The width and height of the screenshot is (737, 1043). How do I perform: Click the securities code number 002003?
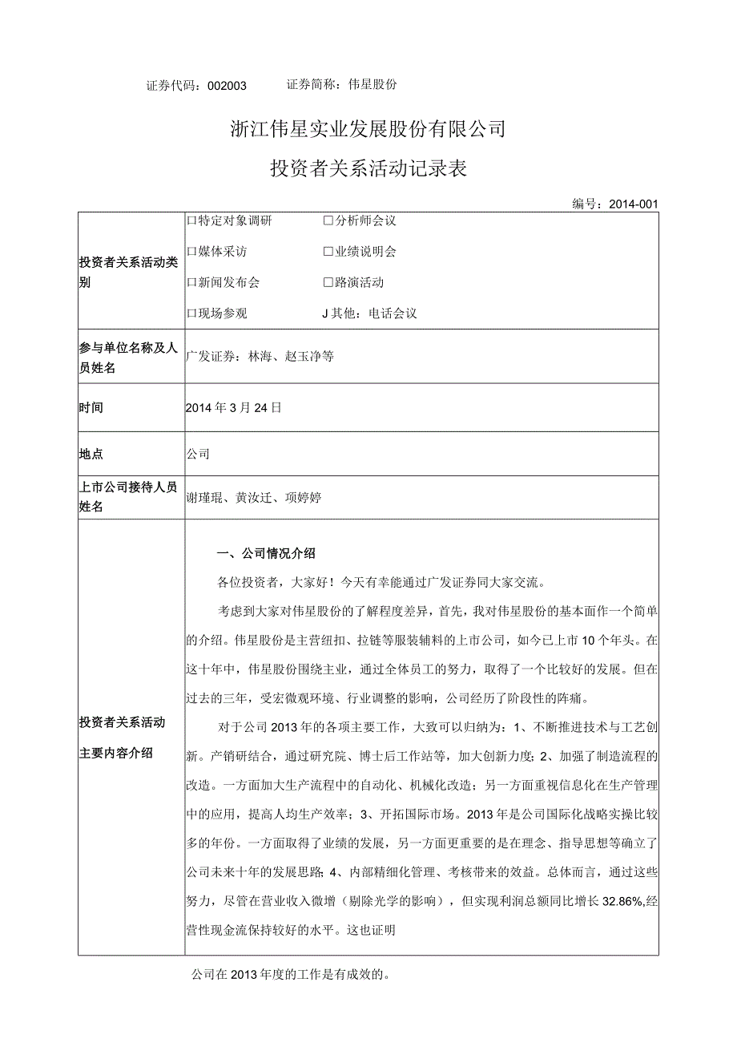point(228,86)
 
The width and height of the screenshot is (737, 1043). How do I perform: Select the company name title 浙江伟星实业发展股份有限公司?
point(368,129)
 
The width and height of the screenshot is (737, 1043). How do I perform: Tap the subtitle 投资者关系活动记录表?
point(368,169)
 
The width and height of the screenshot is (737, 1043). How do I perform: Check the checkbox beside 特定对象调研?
point(191,220)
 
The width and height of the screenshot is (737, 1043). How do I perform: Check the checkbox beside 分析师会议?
point(328,220)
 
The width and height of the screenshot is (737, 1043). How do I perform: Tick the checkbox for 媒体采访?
point(191,252)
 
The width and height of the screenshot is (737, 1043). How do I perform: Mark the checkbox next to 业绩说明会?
point(328,252)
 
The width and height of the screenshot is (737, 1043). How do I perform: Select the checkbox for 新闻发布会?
point(191,283)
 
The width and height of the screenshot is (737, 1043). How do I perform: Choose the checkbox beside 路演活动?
point(328,283)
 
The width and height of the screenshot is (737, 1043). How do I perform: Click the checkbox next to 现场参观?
point(191,314)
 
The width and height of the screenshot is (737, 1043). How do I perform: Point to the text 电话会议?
point(393,314)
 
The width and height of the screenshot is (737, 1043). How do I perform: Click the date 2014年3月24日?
point(234,408)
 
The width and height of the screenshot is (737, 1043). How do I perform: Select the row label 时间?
point(91,408)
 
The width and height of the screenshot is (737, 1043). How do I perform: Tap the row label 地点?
point(91,455)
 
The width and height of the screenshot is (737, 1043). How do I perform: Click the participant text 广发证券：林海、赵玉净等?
point(260,357)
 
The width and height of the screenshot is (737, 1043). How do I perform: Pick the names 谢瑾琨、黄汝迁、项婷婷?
point(254,498)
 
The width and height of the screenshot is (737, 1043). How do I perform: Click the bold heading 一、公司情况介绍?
point(267,553)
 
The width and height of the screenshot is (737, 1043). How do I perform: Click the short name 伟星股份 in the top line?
point(374,84)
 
